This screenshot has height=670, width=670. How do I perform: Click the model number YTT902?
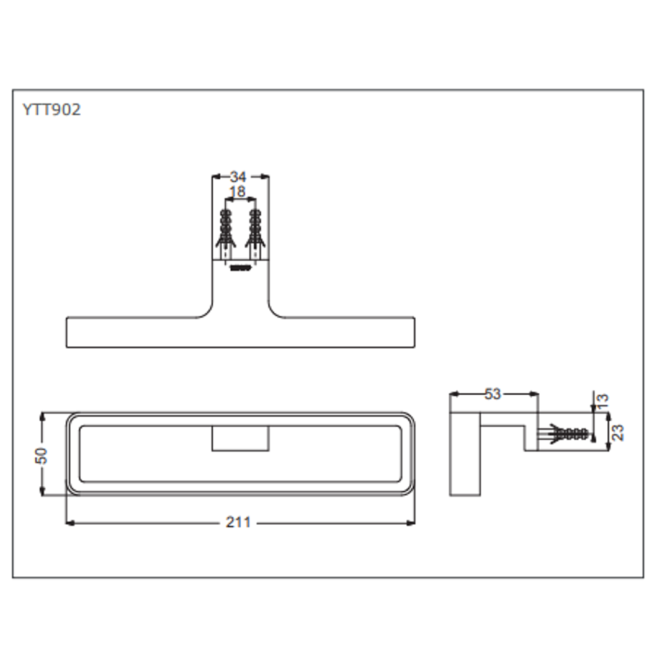click(x=51, y=110)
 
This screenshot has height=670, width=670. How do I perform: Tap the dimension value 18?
click(x=238, y=192)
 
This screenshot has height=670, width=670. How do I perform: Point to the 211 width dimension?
click(x=238, y=522)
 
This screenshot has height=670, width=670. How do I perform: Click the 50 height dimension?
click(x=42, y=455)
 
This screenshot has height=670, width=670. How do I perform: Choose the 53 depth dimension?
click(x=493, y=394)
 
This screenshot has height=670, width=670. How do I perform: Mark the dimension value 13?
click(x=602, y=401)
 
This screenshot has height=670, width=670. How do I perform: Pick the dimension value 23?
click(x=618, y=432)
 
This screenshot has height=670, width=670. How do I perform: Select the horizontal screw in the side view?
click(x=568, y=433)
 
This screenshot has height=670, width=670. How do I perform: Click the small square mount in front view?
click(x=240, y=438)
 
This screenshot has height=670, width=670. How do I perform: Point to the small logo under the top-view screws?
click(x=240, y=269)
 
